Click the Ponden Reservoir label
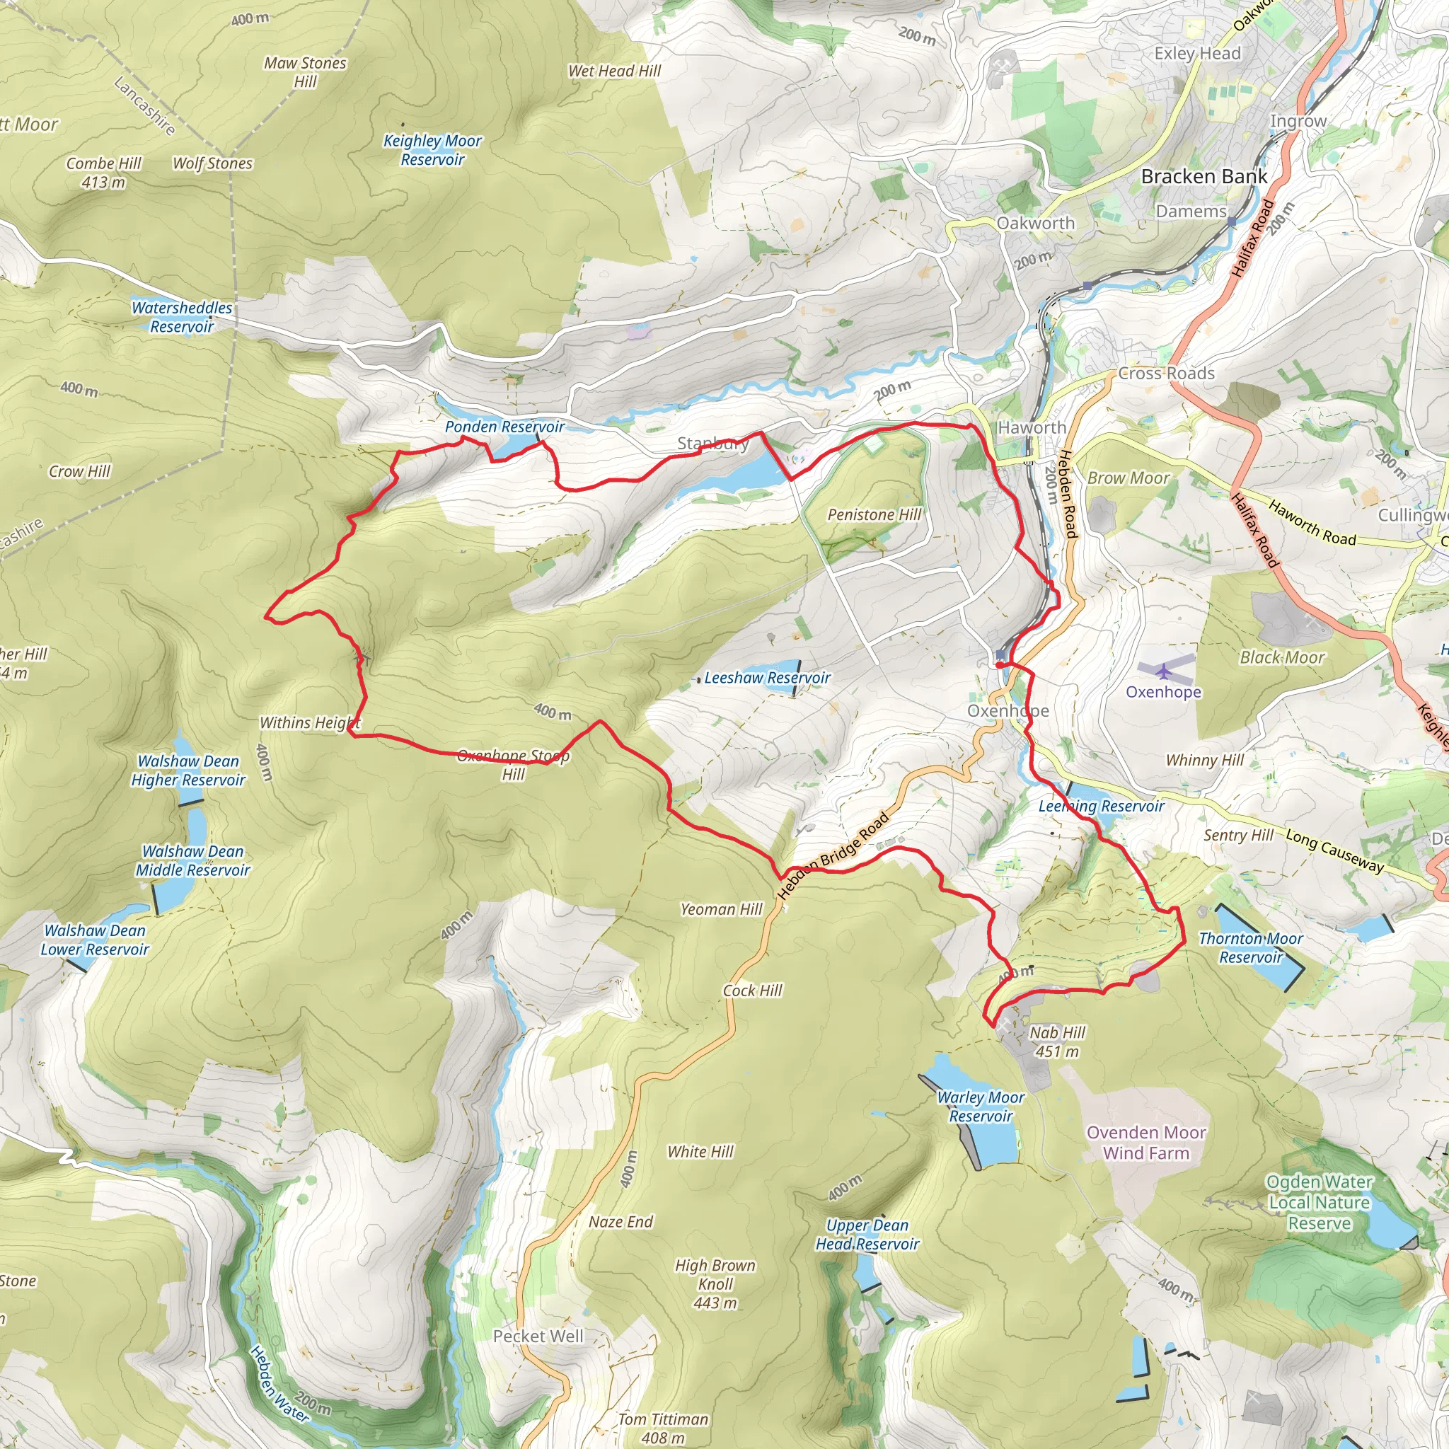[x=504, y=427]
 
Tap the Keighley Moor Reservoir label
[x=432, y=150]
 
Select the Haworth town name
[x=1032, y=427]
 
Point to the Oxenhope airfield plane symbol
[x=1163, y=671]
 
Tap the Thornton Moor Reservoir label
[x=1250, y=948]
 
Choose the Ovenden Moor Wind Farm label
[x=1146, y=1142]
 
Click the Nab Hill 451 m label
[x=1057, y=1041]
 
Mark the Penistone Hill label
[x=874, y=514]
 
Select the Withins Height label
[x=310, y=723]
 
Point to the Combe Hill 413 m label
[x=103, y=173]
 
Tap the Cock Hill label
[x=751, y=991]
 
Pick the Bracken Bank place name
[x=1203, y=177]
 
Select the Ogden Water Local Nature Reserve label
[x=1320, y=1202]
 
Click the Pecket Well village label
[x=538, y=1337]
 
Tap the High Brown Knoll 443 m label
[x=715, y=1284]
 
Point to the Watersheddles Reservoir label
[x=182, y=317]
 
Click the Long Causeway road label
[x=1334, y=850]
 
